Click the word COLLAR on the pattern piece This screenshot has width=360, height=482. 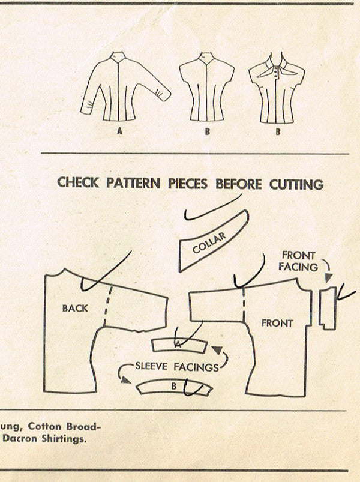pos(209,243)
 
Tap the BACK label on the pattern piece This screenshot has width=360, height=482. pos(75,308)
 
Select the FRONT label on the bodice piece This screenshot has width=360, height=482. pos(277,323)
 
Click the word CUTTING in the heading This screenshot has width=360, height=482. pos(296,184)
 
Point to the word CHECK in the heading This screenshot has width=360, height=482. pos(78,182)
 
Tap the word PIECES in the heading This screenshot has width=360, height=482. pos(187,184)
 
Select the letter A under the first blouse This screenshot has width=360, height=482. pos(119,131)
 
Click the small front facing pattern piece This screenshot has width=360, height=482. pos(327,308)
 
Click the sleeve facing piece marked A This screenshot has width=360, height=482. pos(179,345)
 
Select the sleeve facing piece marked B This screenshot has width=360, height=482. pos(174,387)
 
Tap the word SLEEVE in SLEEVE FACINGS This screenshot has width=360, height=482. pos(151,366)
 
